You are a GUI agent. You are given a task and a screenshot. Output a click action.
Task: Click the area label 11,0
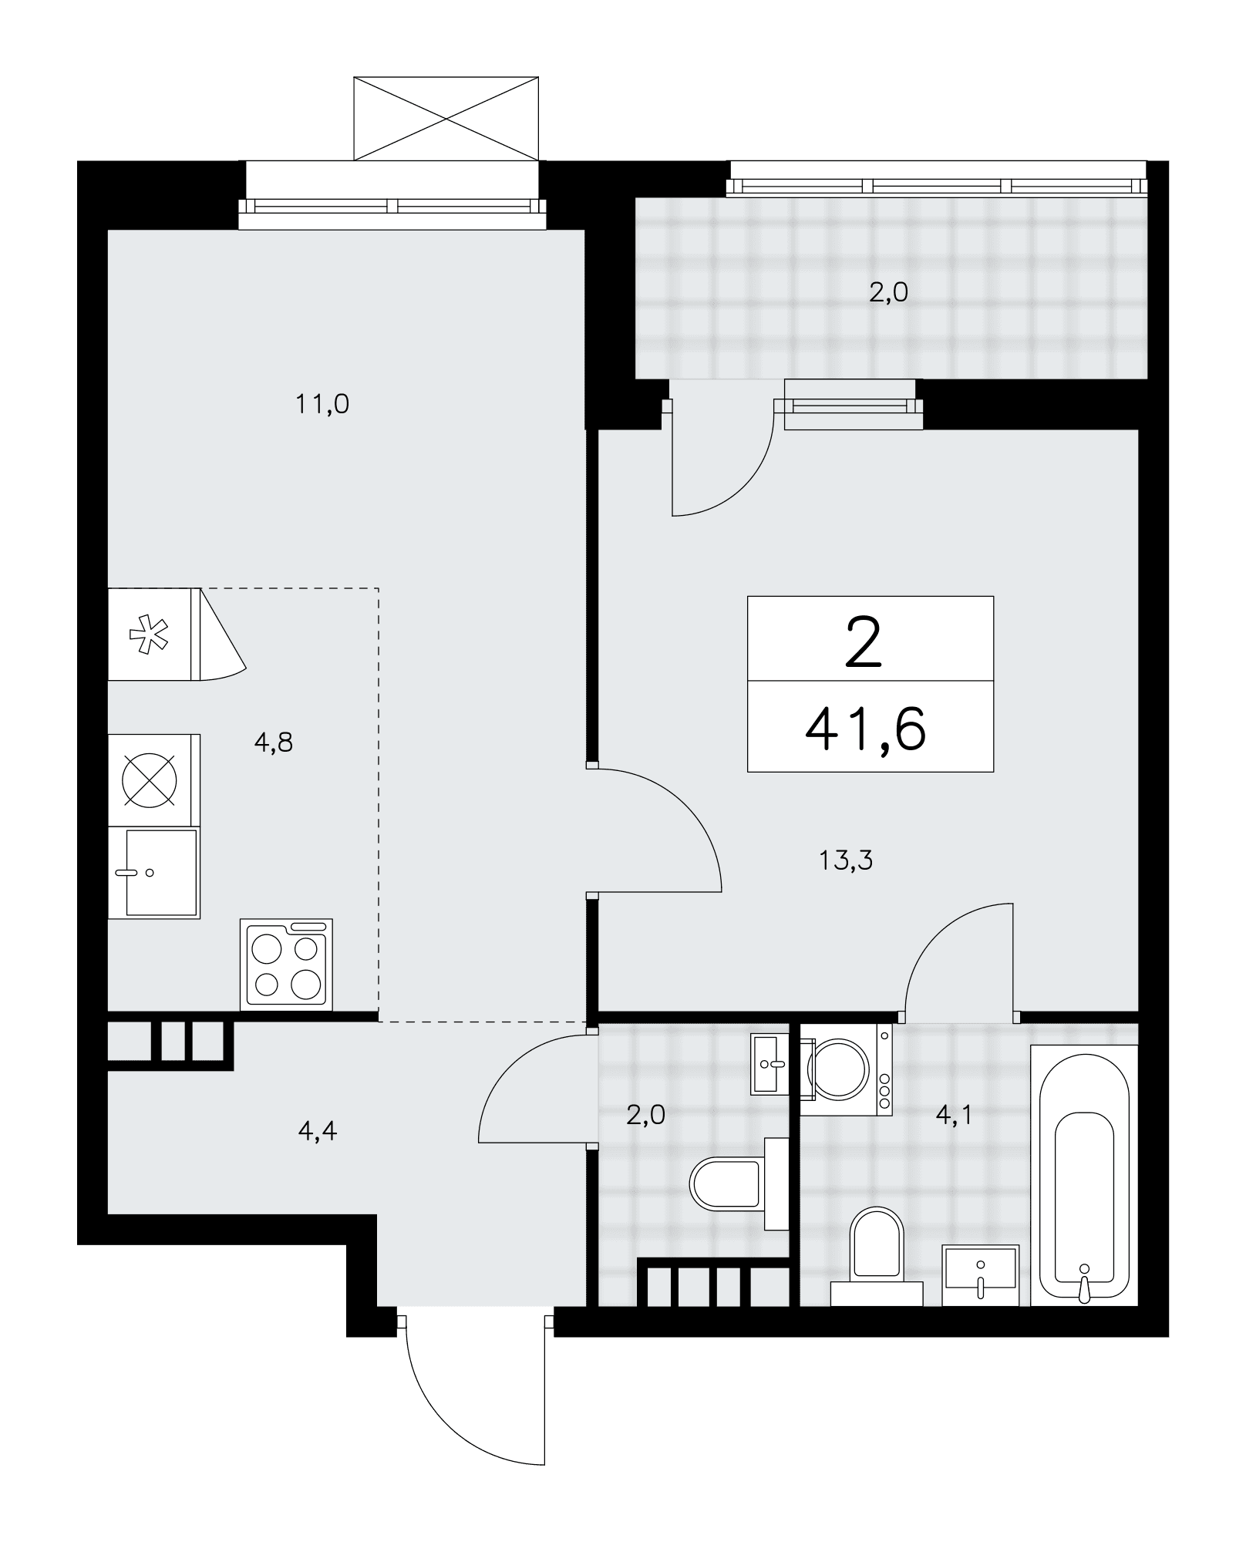click(x=322, y=404)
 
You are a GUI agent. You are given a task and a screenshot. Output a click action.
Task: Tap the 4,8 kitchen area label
click(x=274, y=742)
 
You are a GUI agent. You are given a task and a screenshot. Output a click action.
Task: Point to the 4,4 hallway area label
click(x=317, y=1131)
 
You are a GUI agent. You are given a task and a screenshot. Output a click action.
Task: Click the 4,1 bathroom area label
click(x=953, y=1115)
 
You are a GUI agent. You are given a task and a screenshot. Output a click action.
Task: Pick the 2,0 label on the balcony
click(x=888, y=292)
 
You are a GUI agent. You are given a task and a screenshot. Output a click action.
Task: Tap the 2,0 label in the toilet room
click(x=645, y=1115)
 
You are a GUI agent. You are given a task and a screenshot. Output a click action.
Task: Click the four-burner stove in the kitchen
click(x=286, y=964)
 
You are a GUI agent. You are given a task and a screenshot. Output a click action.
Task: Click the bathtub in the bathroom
click(x=1084, y=1175)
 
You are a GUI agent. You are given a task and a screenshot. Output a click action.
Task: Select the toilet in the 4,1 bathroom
click(x=877, y=1257)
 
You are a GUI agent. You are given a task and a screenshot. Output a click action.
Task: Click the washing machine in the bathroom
click(x=846, y=1070)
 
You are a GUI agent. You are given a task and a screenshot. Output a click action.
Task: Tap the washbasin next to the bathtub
click(x=981, y=1275)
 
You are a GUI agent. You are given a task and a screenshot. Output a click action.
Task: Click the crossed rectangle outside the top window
click(x=446, y=119)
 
